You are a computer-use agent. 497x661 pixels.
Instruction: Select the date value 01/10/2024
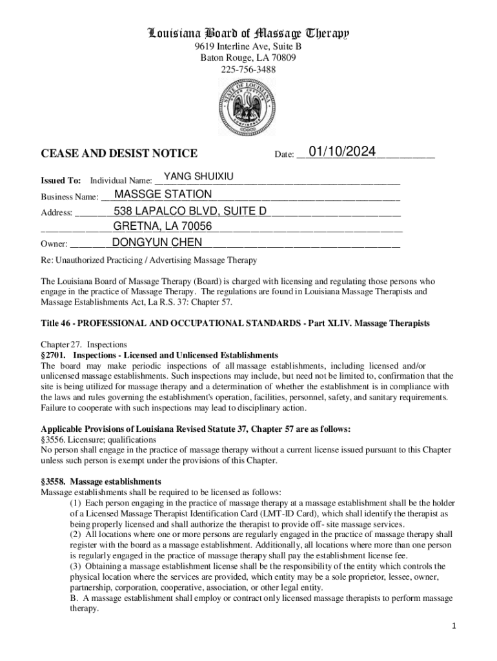click(x=342, y=152)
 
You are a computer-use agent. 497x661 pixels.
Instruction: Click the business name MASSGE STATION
click(x=163, y=194)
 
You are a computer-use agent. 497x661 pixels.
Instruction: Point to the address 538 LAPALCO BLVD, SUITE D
click(x=190, y=211)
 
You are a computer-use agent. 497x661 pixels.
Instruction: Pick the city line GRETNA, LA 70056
click(x=163, y=226)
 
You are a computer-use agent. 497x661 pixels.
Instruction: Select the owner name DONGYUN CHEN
click(x=157, y=242)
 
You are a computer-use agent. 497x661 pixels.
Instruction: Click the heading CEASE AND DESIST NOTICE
click(x=119, y=154)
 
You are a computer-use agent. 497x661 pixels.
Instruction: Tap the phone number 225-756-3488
click(x=249, y=68)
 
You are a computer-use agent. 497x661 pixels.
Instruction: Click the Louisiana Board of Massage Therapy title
click(x=249, y=33)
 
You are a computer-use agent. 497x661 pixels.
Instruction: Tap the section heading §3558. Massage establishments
click(x=101, y=482)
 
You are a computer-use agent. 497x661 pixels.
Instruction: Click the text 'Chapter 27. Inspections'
click(x=84, y=345)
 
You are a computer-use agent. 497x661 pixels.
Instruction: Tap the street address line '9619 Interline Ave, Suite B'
click(x=249, y=47)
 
